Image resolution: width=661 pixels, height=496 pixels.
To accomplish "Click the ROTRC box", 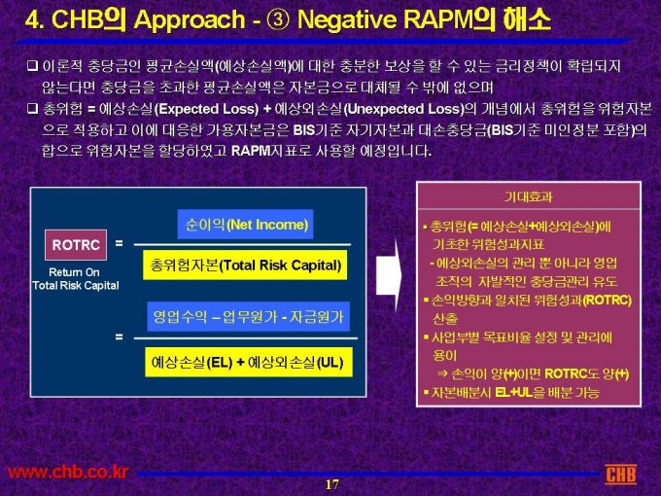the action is (x=76, y=245).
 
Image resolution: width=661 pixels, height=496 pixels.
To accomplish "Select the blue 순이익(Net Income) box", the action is (x=245, y=224).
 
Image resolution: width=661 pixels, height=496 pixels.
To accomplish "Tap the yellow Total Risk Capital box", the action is (x=245, y=265).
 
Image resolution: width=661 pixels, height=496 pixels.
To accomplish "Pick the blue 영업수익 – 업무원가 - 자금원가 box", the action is (x=248, y=316).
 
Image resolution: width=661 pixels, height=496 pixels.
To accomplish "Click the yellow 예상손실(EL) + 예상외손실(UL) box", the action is (x=249, y=362).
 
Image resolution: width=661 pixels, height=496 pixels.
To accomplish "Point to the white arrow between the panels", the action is (x=388, y=275).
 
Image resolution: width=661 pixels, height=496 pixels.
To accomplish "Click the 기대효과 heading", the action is (x=528, y=197).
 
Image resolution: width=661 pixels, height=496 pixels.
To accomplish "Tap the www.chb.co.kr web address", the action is (x=67, y=472).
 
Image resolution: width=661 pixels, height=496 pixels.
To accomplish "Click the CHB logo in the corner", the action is (x=620, y=474).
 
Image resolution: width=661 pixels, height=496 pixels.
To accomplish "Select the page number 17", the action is (x=331, y=484).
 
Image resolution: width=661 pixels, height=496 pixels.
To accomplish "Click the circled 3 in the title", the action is (x=278, y=19).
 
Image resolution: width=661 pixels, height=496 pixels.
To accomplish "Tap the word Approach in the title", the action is (x=190, y=20).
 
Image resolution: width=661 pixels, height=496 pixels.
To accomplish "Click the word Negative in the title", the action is (x=347, y=19).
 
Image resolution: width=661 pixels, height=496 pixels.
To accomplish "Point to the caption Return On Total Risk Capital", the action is (x=76, y=279).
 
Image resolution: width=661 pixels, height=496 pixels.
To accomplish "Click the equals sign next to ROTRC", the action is (x=120, y=243).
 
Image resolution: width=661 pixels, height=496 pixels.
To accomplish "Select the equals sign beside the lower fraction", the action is (x=120, y=337).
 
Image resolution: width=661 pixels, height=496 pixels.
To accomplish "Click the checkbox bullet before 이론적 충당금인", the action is (x=32, y=66).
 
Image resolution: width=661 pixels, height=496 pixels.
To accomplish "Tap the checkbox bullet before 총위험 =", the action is (x=32, y=109).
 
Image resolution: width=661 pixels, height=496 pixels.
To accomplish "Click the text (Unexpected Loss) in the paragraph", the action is (x=403, y=109).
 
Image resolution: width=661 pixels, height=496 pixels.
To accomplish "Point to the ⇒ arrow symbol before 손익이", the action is (x=442, y=373).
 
